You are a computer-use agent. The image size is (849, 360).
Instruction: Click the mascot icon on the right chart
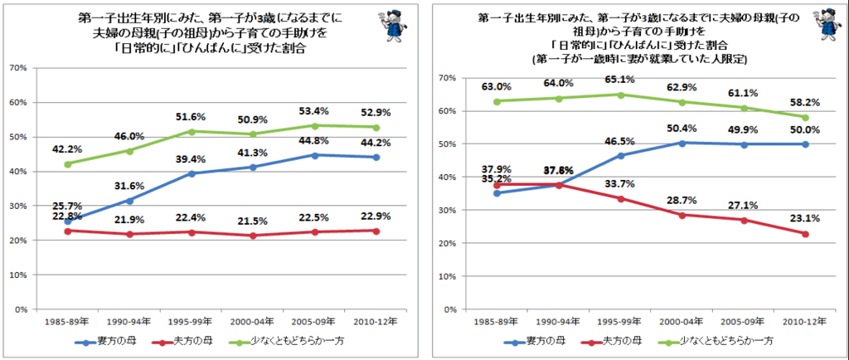tap(820, 25)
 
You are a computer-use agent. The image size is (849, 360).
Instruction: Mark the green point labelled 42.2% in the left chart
tap(68, 163)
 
